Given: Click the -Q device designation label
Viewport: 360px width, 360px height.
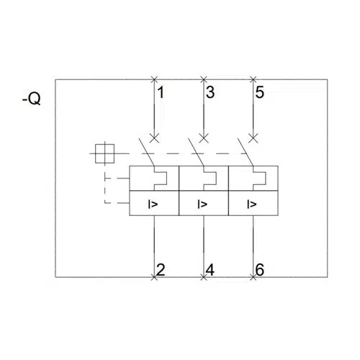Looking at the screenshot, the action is pyautogui.click(x=32, y=99).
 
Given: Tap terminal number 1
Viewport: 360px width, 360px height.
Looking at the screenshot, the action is pyautogui.click(x=161, y=92).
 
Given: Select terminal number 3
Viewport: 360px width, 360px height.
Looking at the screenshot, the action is pyautogui.click(x=210, y=92).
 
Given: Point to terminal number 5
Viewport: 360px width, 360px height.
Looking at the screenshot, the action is pyautogui.click(x=260, y=92).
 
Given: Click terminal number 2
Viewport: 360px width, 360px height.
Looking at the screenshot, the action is pyautogui.click(x=161, y=269).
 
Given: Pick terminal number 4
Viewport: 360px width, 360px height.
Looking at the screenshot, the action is pyautogui.click(x=210, y=269).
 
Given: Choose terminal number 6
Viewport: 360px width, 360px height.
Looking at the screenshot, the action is pyautogui.click(x=260, y=269).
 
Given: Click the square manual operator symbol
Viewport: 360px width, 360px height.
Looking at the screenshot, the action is pyautogui.click(x=104, y=153).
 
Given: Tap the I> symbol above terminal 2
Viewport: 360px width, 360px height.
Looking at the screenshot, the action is pyautogui.click(x=153, y=204).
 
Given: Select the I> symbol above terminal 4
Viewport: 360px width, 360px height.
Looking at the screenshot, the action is pyautogui.click(x=202, y=204).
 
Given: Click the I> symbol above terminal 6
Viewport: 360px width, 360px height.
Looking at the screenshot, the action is pyautogui.click(x=252, y=204).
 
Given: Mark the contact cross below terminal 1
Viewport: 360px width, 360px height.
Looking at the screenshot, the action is pyautogui.click(x=154, y=138).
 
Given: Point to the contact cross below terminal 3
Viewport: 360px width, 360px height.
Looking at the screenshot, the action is pyautogui.click(x=204, y=138).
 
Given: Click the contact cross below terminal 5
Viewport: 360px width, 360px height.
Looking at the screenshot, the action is pyautogui.click(x=253, y=138).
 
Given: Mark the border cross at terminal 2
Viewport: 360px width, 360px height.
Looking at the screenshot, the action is pyautogui.click(x=154, y=277).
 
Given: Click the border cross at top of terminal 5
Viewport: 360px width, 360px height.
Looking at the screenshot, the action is pyautogui.click(x=253, y=79).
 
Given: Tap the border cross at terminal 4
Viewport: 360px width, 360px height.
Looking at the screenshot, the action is pyautogui.click(x=204, y=277).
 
